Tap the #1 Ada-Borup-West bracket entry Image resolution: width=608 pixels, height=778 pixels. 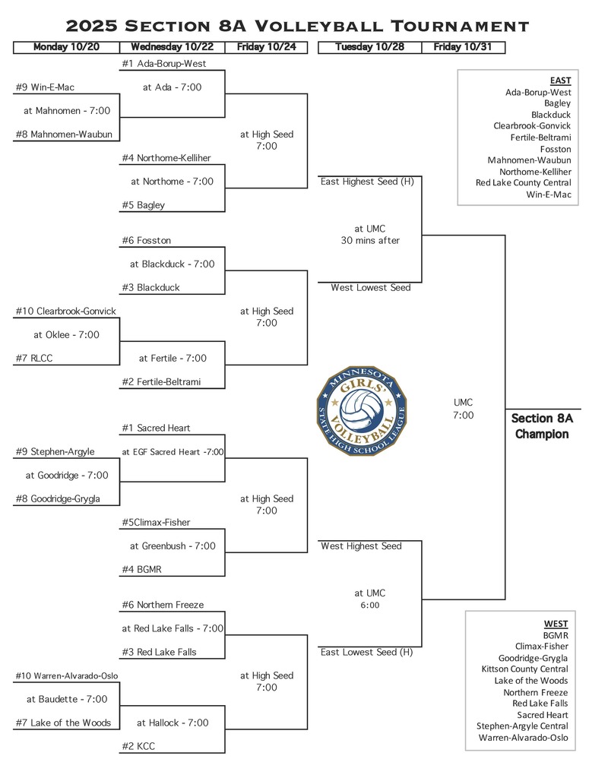pyautogui.click(x=163, y=64)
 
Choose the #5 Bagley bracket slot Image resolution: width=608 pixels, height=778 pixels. pyautogui.click(x=143, y=205)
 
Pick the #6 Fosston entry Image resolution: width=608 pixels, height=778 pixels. pyautogui.click(x=146, y=240)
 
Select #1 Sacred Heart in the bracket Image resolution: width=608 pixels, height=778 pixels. pyautogui.click(x=156, y=429)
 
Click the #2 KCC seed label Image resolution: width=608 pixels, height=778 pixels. pyautogui.click(x=138, y=746)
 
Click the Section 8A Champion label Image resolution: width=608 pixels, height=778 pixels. pyautogui.click(x=541, y=426)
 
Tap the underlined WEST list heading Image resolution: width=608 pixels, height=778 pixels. pyautogui.click(x=556, y=624)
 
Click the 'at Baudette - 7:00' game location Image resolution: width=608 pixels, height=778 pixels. pyautogui.click(x=67, y=699)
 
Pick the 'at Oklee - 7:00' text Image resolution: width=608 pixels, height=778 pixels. pyautogui.click(x=66, y=334)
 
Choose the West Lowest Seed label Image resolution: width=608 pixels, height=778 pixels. pyautogui.click(x=371, y=288)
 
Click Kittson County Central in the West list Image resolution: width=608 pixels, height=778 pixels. pyautogui.click(x=524, y=669)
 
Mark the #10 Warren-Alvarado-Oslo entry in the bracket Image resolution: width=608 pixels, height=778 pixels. pyautogui.click(x=67, y=675)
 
